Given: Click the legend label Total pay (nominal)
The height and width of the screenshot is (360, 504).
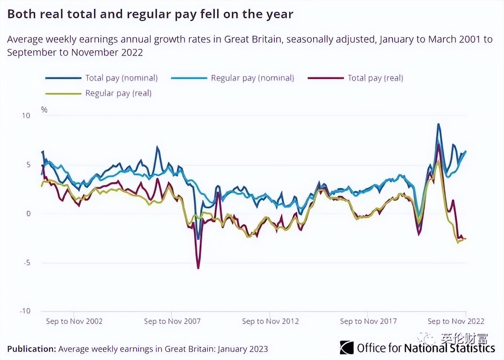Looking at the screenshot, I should point(121,78).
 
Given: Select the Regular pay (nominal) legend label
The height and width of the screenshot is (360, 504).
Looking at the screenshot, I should point(252,78).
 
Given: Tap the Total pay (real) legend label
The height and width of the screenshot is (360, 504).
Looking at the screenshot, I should point(375,78).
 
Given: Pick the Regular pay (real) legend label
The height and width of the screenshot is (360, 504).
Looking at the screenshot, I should point(118,93).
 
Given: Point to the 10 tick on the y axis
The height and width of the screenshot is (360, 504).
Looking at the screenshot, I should point(26,116).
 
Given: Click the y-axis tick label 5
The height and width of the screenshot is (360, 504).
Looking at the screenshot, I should point(28,165).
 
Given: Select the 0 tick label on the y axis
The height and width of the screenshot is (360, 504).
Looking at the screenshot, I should point(28,214).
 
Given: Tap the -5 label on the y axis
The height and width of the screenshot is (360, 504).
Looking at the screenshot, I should point(27,263).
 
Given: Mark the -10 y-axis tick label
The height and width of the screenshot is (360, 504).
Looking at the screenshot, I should point(25,311).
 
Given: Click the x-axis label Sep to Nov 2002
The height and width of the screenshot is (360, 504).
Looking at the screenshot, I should point(74,321).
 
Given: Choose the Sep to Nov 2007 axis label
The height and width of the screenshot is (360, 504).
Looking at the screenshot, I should point(172,321).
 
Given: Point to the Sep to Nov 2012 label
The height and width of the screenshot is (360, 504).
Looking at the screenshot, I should point(270,321).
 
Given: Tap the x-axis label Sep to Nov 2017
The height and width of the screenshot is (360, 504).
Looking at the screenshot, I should point(368,321).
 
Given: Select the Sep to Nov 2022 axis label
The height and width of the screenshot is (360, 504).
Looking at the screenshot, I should point(456,321).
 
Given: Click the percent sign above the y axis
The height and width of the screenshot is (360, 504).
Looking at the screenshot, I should point(44,109).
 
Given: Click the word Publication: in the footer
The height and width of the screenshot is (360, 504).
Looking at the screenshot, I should point(32,349).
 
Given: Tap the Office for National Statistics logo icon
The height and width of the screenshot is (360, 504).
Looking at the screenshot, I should point(347,348).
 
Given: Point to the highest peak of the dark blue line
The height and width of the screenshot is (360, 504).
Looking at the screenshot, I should point(439,124).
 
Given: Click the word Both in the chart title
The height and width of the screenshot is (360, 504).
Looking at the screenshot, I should point(22,14).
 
